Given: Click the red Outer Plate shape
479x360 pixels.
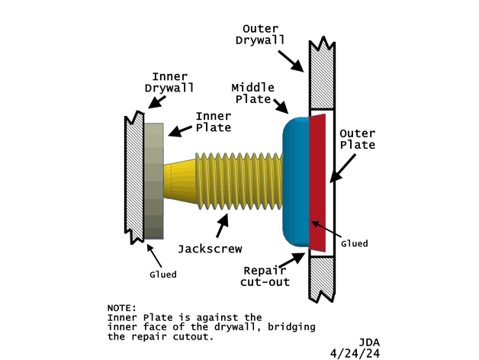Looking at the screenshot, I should pos(319,183).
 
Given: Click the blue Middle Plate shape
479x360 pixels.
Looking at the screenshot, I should pos(296,183).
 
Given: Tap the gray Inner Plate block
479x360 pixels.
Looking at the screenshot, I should pos(153,183).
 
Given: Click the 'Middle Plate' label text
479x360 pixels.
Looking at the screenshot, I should pos(252,93).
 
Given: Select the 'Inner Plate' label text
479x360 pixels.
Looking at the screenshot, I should pos(214,121).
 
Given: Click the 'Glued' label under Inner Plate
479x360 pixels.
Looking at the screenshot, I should pos(162,275).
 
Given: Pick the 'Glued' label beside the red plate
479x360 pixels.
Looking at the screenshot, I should pos(354,243).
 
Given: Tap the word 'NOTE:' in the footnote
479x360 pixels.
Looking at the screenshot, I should pos(123,308).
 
